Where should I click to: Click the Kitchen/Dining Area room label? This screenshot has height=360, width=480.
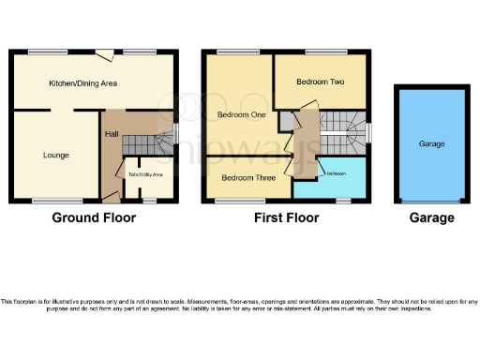(82, 84)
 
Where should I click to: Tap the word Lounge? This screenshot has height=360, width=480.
(55, 155)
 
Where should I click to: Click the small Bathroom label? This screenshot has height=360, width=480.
(336, 174)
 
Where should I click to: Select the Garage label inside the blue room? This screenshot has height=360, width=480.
(431, 144)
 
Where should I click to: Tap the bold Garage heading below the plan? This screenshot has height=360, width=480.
(431, 218)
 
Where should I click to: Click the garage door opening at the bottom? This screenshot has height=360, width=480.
(431, 201)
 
